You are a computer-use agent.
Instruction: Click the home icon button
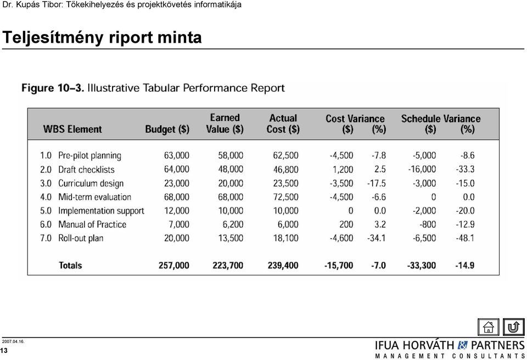click(489, 327)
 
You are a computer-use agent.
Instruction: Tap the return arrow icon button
click(514, 327)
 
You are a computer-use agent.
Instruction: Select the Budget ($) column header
click(167, 130)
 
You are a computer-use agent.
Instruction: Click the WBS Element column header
click(72, 129)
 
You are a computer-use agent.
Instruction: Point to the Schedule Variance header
click(441, 119)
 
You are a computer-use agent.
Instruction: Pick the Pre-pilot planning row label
click(89, 156)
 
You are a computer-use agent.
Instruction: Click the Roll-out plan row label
click(81, 238)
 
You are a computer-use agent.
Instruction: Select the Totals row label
click(70, 265)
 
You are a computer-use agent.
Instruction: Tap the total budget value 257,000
click(174, 266)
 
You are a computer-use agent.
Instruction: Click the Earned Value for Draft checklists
click(231, 169)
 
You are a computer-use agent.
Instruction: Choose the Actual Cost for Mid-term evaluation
click(285, 197)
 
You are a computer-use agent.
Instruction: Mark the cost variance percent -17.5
click(377, 183)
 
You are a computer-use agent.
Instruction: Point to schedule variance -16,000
click(422, 169)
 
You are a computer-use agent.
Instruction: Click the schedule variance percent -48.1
click(465, 238)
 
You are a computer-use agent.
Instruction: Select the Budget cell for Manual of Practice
click(179, 224)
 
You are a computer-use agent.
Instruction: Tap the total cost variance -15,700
click(339, 266)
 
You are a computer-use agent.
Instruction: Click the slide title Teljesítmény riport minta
click(102, 37)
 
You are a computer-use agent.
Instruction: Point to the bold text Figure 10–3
click(53, 88)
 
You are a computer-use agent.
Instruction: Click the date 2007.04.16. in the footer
click(13, 341)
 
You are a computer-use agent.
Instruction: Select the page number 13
click(4, 351)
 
